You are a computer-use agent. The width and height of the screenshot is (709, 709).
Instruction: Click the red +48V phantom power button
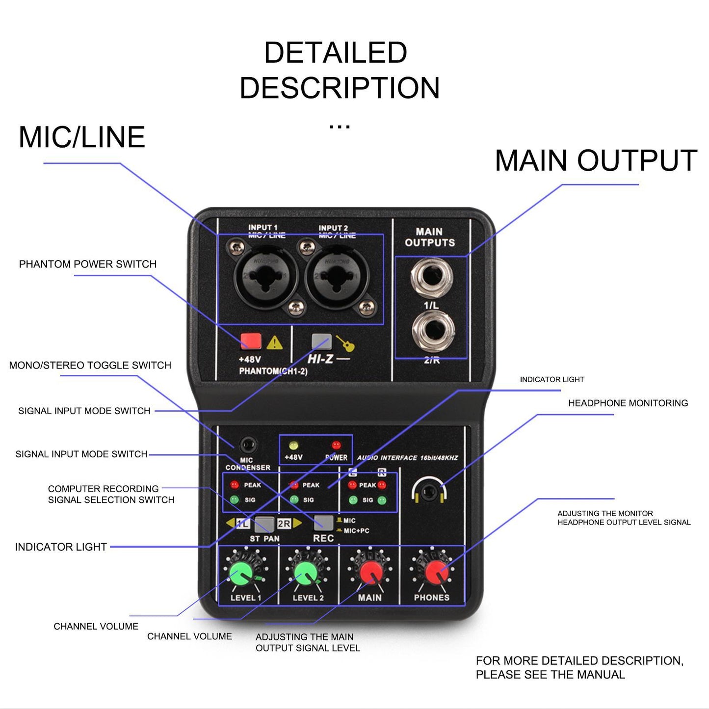click(251, 341)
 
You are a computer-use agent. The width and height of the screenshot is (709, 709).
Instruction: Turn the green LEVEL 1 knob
click(241, 573)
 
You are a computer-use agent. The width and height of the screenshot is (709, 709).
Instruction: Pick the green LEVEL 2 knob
click(306, 573)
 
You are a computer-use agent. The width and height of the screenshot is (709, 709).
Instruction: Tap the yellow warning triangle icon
click(274, 342)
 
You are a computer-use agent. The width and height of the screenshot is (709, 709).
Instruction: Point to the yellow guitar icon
click(346, 343)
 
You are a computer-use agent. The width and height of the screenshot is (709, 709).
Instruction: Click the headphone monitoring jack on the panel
click(428, 491)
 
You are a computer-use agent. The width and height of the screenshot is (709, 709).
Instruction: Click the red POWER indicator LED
click(336, 446)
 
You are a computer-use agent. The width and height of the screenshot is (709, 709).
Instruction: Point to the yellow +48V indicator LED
click(293, 446)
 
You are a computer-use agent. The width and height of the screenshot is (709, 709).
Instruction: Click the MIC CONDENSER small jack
click(248, 446)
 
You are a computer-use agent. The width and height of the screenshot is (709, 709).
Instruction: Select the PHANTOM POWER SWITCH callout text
click(87, 264)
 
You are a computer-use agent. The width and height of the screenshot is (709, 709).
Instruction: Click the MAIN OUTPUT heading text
click(596, 160)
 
